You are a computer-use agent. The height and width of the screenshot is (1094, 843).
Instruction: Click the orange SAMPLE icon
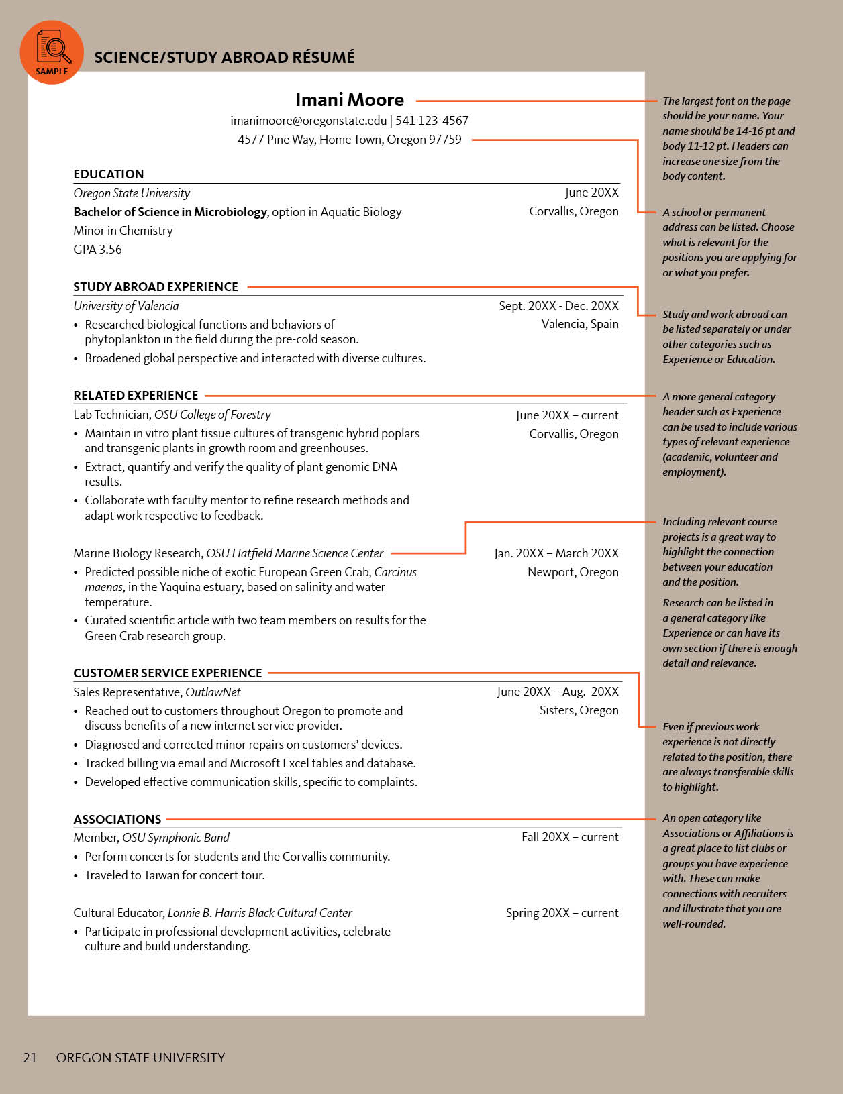52,52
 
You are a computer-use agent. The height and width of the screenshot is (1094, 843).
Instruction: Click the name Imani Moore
349,100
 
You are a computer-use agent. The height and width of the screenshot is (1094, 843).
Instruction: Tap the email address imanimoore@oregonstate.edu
308,121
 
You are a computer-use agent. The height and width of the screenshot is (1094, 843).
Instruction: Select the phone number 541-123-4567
432,121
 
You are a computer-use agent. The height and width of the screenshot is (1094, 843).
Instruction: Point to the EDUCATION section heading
108,174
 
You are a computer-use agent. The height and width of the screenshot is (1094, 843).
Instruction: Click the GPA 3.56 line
97,250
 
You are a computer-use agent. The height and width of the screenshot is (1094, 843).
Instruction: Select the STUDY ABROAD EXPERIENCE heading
156,287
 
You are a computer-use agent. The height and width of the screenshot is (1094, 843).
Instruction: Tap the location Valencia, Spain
579,324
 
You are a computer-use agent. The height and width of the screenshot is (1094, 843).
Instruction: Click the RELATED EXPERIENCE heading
136,396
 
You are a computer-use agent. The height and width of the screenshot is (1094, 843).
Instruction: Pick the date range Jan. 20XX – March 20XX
556,553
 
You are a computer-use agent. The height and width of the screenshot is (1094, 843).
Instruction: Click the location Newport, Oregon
573,572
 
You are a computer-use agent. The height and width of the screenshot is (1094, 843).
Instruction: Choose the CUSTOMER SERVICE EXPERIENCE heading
167,673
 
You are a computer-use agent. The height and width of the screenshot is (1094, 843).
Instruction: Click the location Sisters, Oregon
579,710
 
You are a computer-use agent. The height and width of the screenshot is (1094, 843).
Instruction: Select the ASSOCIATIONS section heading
117,820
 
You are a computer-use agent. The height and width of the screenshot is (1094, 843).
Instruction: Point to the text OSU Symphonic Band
175,838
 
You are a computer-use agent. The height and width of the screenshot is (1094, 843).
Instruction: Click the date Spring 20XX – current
562,913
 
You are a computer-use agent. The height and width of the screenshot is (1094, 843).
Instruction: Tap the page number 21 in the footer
30,1058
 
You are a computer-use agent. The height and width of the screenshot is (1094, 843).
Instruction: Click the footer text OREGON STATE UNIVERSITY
140,1058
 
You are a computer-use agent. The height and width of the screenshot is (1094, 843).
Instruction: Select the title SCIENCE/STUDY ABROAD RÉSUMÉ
224,58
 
